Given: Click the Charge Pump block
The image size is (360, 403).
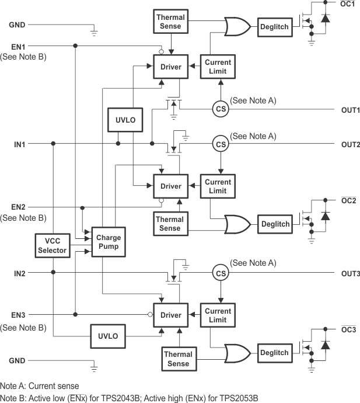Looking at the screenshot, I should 108,241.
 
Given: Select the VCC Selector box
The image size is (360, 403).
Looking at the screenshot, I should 52,246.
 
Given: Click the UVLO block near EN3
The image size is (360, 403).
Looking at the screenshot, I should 108,336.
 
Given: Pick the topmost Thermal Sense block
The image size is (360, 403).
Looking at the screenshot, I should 170,22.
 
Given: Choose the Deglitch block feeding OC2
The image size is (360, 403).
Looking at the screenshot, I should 275,224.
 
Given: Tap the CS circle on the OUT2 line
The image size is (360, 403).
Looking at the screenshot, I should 221,144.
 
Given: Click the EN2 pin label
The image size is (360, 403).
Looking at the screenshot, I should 18,207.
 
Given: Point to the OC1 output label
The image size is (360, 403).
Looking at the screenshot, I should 348,4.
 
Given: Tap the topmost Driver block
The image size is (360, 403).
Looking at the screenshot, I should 171,67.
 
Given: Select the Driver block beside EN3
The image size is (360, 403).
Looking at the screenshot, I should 171,315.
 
